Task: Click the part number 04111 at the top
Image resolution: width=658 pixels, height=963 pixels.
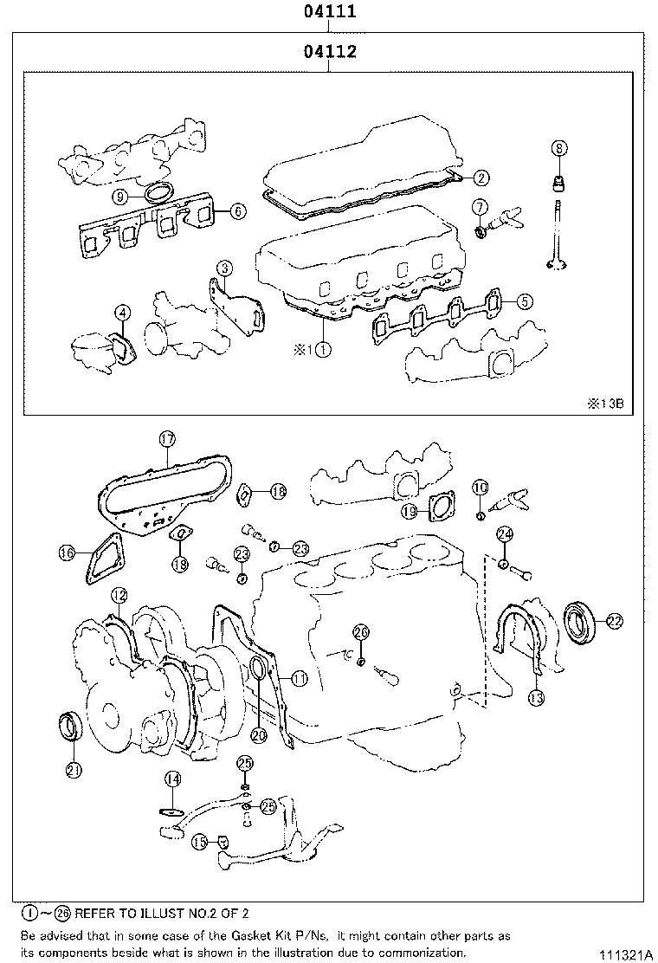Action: pos(330,12)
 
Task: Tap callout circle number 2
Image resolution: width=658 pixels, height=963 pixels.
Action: pos(481,178)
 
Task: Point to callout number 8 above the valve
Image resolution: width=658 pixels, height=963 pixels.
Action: pos(559,149)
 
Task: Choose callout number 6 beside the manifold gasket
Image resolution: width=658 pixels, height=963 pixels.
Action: pos(238,210)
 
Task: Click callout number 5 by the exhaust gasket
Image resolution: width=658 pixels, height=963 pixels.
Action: pos(525,301)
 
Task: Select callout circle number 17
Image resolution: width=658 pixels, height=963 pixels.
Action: pos(167,438)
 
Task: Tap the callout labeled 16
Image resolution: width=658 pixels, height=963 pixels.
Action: pos(66,552)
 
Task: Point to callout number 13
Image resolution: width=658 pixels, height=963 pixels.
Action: pos(537,697)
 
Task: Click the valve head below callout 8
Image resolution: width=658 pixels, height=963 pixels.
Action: pos(558,264)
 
